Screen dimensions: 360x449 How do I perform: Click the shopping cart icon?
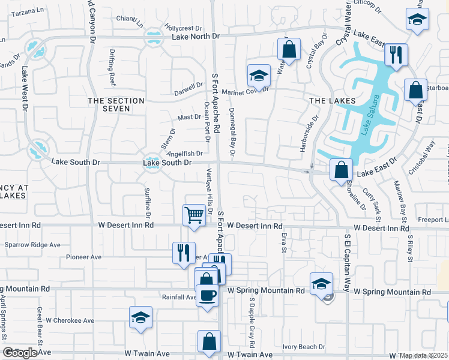(194, 215)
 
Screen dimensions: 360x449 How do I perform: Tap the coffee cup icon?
(208, 295)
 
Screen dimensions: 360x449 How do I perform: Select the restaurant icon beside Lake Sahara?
(396, 55)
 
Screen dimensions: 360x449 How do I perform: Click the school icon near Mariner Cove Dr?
(259, 76)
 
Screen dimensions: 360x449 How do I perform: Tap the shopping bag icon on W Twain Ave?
(209, 341)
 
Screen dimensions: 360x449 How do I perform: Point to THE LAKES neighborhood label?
(329, 101)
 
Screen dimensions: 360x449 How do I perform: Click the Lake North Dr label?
(196, 37)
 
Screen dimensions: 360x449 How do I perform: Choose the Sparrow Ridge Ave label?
(33, 245)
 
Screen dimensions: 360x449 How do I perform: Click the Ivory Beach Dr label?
(304, 347)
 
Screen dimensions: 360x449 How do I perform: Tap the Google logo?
(19, 353)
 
